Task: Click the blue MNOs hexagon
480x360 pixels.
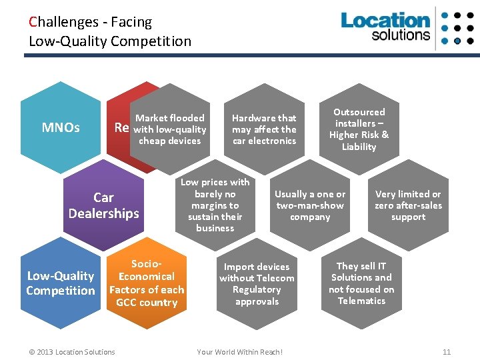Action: tap(61, 127)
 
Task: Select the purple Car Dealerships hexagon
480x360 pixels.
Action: tap(103, 205)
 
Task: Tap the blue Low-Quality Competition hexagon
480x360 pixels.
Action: tap(60, 283)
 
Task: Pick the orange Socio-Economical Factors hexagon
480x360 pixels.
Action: tap(147, 283)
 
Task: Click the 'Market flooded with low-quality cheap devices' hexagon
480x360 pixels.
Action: tap(170, 129)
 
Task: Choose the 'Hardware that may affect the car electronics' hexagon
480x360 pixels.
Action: tap(264, 129)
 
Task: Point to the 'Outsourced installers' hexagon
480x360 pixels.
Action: tap(359, 129)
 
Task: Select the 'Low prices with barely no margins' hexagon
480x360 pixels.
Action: tap(215, 205)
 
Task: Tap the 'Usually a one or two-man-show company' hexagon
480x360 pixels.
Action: tap(310, 205)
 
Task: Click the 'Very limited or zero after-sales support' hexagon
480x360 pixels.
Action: tap(408, 205)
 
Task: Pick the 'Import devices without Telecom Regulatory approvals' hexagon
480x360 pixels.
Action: tap(257, 283)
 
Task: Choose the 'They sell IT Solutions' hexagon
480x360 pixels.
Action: tap(361, 283)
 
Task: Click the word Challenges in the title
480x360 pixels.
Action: tap(62, 22)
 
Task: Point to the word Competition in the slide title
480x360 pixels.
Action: tap(152, 41)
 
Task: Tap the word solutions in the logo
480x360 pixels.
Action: tap(401, 35)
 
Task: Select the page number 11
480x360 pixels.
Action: tap(447, 352)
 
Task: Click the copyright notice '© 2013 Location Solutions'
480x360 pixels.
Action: tap(72, 352)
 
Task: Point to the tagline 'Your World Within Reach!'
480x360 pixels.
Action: tap(240, 352)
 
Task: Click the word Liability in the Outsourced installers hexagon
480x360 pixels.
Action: tap(359, 147)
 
